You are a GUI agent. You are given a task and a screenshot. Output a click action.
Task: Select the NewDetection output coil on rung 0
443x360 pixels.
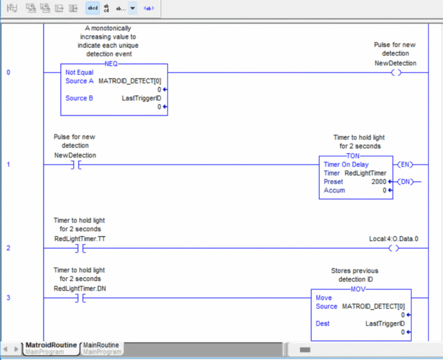(x=395, y=72)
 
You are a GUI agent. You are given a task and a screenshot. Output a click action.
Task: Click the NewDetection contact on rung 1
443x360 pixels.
(x=75, y=165)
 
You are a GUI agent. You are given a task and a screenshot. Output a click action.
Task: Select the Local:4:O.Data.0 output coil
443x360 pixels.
(x=394, y=248)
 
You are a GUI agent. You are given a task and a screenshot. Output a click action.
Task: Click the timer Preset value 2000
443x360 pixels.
(x=379, y=182)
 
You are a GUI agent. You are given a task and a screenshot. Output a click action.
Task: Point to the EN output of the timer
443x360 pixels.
(x=405, y=164)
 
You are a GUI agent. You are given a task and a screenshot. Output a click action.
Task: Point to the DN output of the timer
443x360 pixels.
(x=405, y=182)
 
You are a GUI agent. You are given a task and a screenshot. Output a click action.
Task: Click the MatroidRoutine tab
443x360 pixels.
(x=51, y=345)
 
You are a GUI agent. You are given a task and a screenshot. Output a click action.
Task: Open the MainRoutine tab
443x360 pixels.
(x=101, y=345)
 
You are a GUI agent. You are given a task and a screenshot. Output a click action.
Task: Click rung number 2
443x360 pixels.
(x=8, y=248)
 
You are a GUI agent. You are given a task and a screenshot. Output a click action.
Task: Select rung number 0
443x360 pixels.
(x=8, y=72)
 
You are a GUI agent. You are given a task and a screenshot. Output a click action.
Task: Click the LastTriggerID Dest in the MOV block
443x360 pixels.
(x=385, y=324)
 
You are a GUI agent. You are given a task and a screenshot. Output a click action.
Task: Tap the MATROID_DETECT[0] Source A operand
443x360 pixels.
(x=130, y=81)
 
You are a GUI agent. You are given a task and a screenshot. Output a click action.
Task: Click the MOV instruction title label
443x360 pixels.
(x=361, y=289)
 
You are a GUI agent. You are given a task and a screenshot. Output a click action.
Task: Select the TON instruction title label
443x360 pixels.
(x=356, y=156)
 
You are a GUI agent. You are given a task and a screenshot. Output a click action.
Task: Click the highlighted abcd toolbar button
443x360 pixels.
(x=93, y=8)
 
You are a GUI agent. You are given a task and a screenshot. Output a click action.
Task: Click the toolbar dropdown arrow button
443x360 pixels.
(x=133, y=8)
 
